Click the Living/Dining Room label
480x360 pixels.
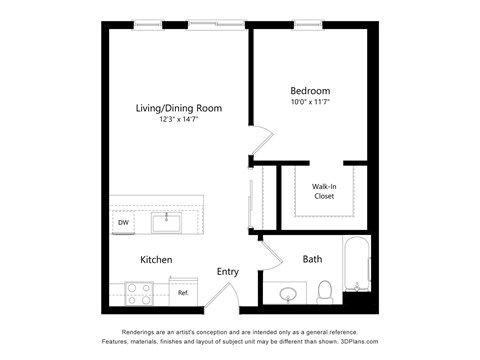179,108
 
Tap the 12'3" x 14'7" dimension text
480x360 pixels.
179,119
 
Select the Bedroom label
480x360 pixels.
309,89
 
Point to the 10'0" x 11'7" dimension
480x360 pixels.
309,100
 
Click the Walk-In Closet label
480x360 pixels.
323,191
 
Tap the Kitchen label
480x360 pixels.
156,260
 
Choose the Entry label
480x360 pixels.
227,271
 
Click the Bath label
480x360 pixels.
312,260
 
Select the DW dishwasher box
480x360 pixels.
122,223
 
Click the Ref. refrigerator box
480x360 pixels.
184,292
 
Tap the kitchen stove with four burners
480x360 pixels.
138,292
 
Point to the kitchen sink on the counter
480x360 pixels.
166,221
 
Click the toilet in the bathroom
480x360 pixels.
325,291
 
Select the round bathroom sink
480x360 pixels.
289,293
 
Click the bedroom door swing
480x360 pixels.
260,144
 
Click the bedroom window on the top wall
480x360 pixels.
309,25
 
